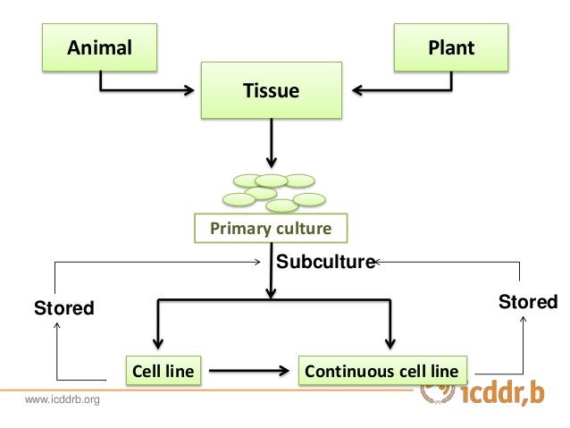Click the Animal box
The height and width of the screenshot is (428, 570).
tap(99, 47)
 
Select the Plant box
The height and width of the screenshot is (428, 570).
tap(451, 47)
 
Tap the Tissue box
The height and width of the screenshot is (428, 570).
tap(272, 90)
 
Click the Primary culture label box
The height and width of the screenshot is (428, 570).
tap(271, 228)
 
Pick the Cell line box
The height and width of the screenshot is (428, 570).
tap(163, 371)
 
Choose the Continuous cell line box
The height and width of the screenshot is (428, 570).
tap(382, 371)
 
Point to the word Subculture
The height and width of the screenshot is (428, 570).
tap(326, 262)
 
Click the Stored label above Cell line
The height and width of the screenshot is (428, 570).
tap(64, 308)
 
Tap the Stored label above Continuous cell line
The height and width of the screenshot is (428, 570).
tap(528, 302)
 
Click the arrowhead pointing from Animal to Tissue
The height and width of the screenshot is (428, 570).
tap(189, 90)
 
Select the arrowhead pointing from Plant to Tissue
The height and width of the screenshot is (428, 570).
tap(358, 90)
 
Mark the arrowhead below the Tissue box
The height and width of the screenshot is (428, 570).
tap(272, 162)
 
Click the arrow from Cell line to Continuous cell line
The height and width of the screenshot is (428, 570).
tap(249, 371)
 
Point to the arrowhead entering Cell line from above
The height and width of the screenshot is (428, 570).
tap(158, 343)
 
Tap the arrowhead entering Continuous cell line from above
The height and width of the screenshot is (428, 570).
tap(390, 343)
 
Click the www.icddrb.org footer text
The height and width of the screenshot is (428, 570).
tap(63, 399)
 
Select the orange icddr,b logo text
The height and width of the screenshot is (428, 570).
tap(503, 393)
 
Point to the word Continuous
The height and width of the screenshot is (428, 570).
tap(349, 372)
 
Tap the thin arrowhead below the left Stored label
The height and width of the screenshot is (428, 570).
tap(56, 325)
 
